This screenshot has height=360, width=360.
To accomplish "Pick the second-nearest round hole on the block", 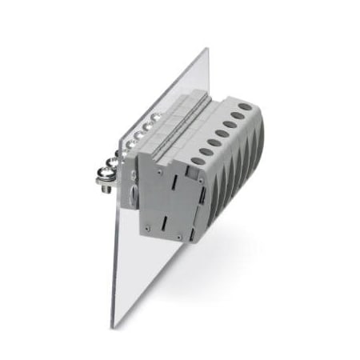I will [x=203, y=151].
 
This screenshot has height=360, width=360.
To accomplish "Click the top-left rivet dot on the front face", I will [x=160, y=170].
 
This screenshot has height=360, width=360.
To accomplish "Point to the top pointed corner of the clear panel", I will [x=206, y=49].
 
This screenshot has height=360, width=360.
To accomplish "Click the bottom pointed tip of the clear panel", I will [x=115, y=326].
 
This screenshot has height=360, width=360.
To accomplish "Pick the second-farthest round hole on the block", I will [x=238, y=114].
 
